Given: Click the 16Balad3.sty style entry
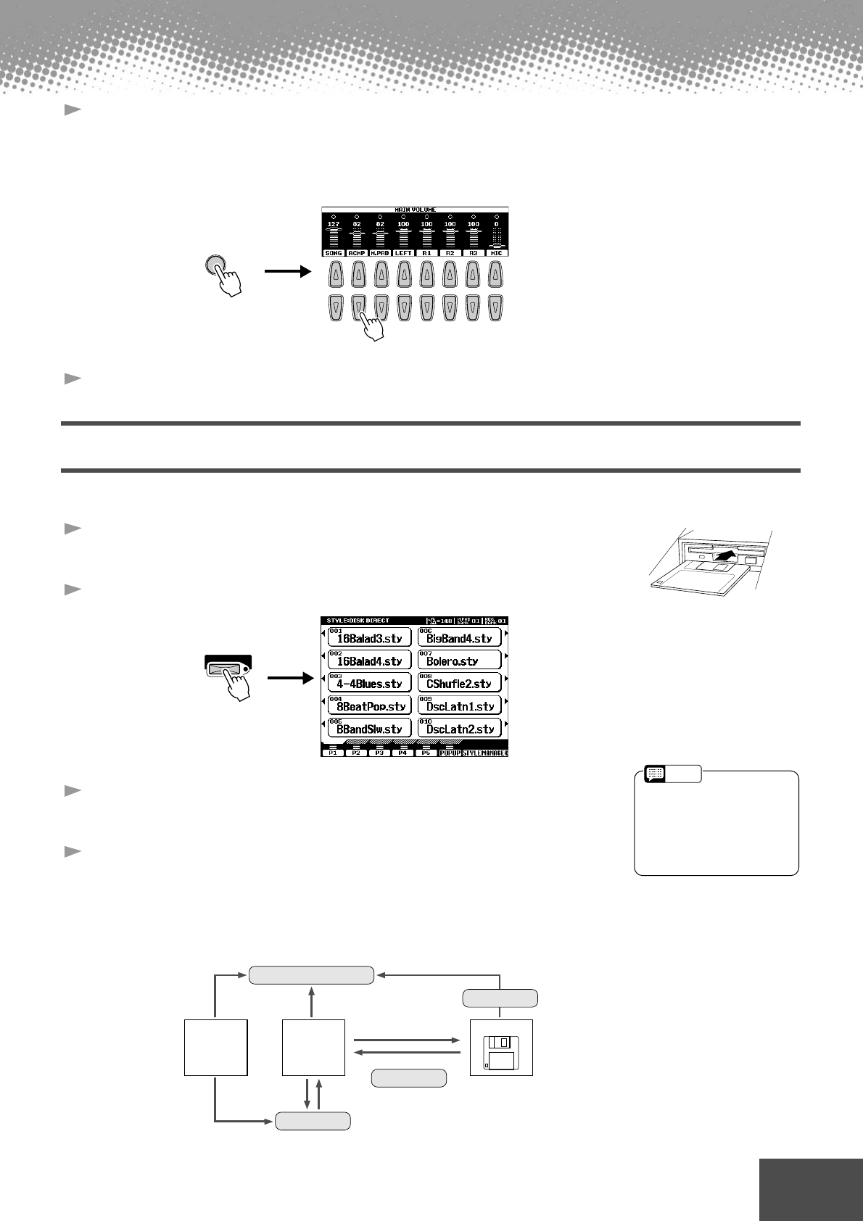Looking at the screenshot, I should [369, 637].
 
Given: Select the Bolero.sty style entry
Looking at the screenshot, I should [460, 660].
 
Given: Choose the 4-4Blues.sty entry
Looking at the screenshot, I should [369, 682].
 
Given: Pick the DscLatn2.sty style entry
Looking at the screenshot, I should [460, 728].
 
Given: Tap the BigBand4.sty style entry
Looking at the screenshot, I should [460, 637].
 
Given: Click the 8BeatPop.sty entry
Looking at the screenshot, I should [369, 705].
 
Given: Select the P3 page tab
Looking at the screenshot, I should [379, 753].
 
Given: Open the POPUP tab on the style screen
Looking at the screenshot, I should [450, 753].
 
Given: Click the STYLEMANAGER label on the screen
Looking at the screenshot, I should [484, 753].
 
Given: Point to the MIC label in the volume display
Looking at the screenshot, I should [496, 252].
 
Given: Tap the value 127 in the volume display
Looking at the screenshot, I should [333, 224].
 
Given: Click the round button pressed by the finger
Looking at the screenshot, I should [215, 267].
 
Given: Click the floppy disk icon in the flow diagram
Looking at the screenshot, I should [501, 1047].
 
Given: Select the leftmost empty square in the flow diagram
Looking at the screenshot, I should [215, 1047].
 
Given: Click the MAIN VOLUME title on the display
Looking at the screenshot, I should [415, 210].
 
